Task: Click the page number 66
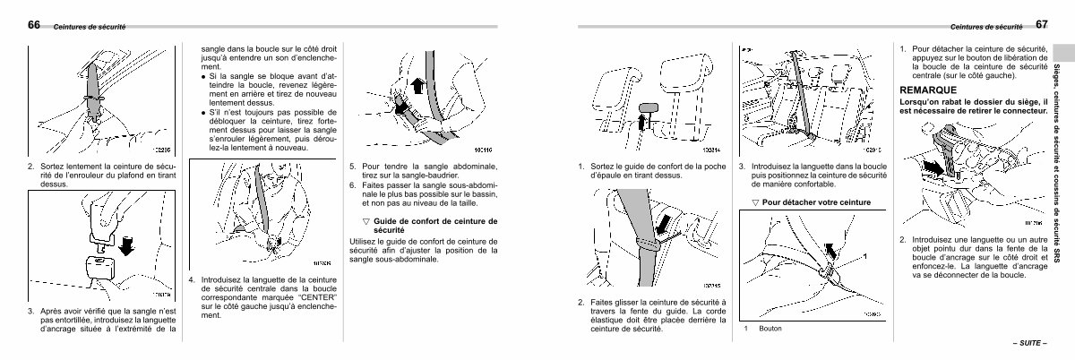pos(34,25)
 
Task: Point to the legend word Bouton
pos(770,329)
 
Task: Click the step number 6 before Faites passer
pos(352,185)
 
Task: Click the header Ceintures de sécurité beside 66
pos(90,27)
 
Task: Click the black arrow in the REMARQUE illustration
pos(932,167)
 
